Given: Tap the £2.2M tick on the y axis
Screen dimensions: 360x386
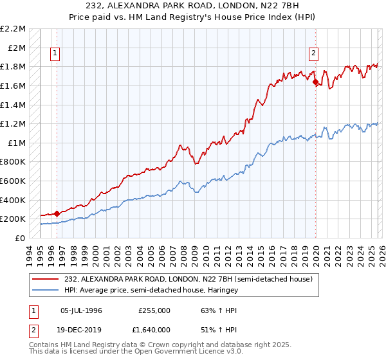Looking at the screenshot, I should point(14,29).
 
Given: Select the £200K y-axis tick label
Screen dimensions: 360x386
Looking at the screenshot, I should point(14,219).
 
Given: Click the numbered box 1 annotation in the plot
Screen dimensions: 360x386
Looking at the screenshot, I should point(56,54).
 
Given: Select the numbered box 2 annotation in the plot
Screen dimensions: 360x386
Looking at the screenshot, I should point(314,54).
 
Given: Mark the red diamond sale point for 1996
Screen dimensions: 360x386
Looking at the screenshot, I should point(57,213).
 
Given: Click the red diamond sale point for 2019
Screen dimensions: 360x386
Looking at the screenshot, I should point(315,82).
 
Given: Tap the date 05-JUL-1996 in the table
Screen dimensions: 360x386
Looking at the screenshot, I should point(81,310).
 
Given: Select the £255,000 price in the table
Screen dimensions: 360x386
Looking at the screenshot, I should point(154,310).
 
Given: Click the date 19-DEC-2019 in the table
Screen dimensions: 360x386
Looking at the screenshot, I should point(81,332).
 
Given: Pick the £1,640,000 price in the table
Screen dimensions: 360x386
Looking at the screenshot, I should point(154,332).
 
